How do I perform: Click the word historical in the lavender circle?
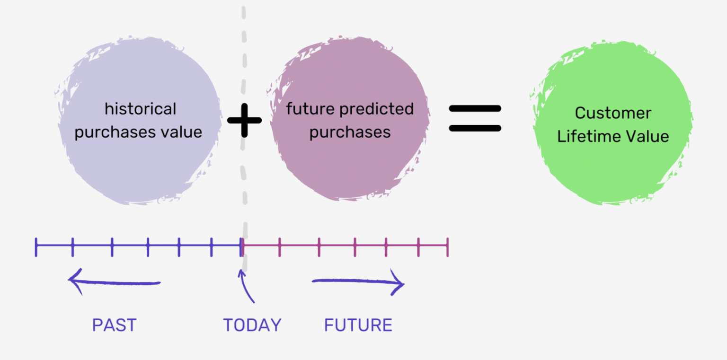[140, 109]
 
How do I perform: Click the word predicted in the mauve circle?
[377, 110]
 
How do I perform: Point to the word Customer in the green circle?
[613, 113]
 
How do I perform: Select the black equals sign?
[474, 118]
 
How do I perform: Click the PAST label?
[114, 325]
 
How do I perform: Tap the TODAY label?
[252, 325]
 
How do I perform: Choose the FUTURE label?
[358, 325]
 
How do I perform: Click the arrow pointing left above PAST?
[114, 282]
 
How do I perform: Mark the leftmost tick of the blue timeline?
[36, 247]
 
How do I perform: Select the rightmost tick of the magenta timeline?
[447, 247]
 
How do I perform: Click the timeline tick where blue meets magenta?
[242, 247]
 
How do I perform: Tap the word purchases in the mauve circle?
[350, 132]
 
